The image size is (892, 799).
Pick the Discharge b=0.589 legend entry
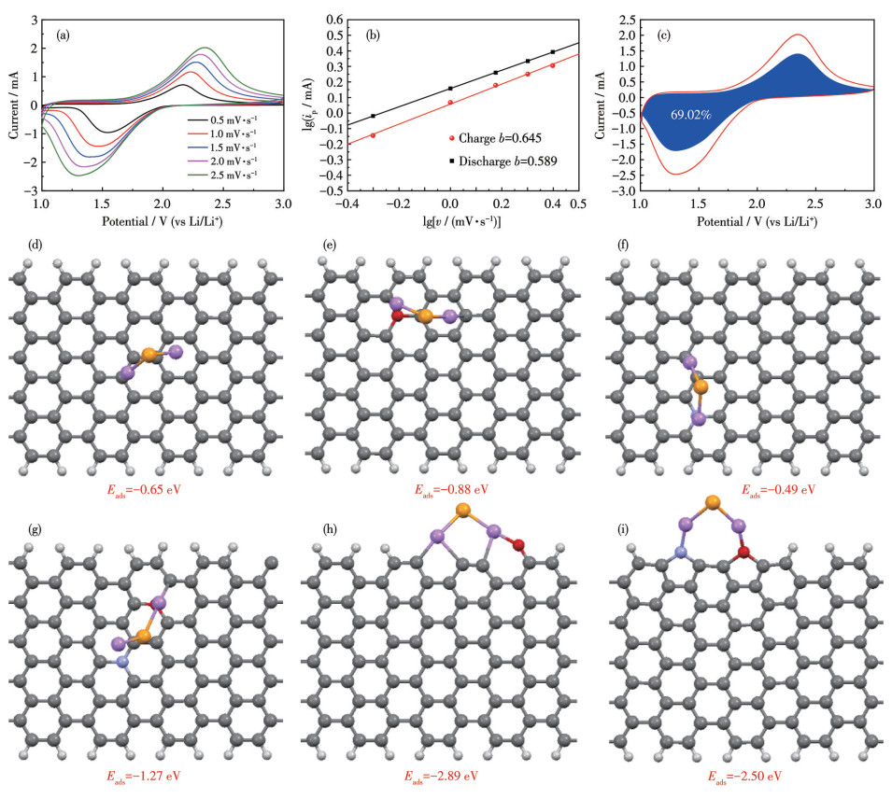[x=496, y=161]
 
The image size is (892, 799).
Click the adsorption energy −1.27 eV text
[x=151, y=776]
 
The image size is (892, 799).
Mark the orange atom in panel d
[x=149, y=356]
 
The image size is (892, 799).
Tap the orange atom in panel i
[x=714, y=504]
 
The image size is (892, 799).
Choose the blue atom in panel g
[x=121, y=662]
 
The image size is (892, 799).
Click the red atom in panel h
[x=519, y=543]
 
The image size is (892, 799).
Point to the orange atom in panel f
[x=701, y=385]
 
